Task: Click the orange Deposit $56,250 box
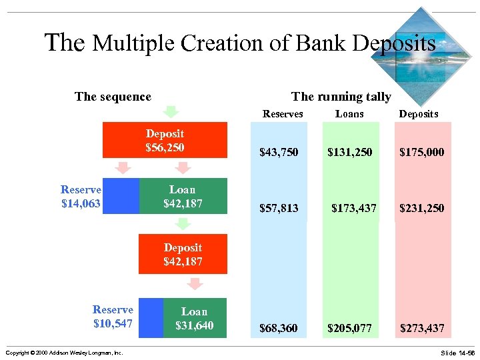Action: [x=165, y=140]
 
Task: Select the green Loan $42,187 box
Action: [x=183, y=195]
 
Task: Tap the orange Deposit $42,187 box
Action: [x=183, y=254]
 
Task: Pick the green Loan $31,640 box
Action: [x=195, y=318]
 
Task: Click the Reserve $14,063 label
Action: [x=81, y=196]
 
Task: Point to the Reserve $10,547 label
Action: [x=113, y=317]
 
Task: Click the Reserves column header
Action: [x=283, y=114]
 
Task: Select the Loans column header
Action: [x=349, y=114]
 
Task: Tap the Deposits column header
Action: [x=419, y=114]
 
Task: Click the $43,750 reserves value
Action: [x=279, y=153]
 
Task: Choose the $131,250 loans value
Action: [x=349, y=153]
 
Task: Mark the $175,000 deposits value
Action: [x=421, y=153]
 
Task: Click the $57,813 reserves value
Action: [x=279, y=209]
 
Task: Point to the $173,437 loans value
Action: [x=353, y=209]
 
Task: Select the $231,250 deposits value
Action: [x=421, y=209]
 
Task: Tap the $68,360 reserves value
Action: [x=279, y=329]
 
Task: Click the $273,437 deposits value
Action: [x=421, y=329]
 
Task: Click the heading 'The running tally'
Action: [x=341, y=97]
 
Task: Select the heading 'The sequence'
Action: [x=113, y=97]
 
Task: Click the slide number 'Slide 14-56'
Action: [x=457, y=352]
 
